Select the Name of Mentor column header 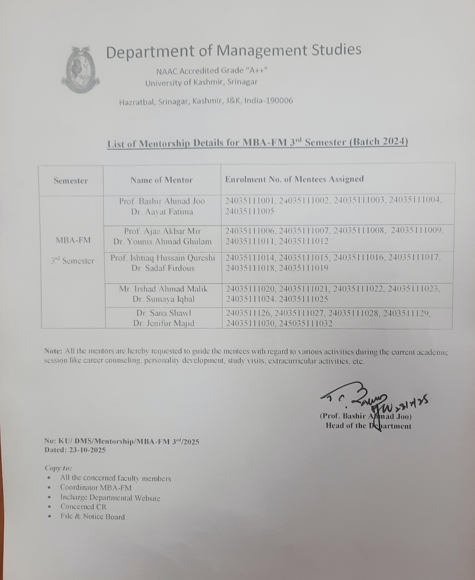(x=162, y=180)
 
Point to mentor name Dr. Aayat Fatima (x=162, y=212)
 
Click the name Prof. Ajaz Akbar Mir (x=163, y=231)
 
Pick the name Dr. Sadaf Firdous (x=163, y=268)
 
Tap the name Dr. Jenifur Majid (x=164, y=323)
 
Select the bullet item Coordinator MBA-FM (x=96, y=488)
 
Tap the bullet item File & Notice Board (x=92, y=517)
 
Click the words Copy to (x=58, y=468)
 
